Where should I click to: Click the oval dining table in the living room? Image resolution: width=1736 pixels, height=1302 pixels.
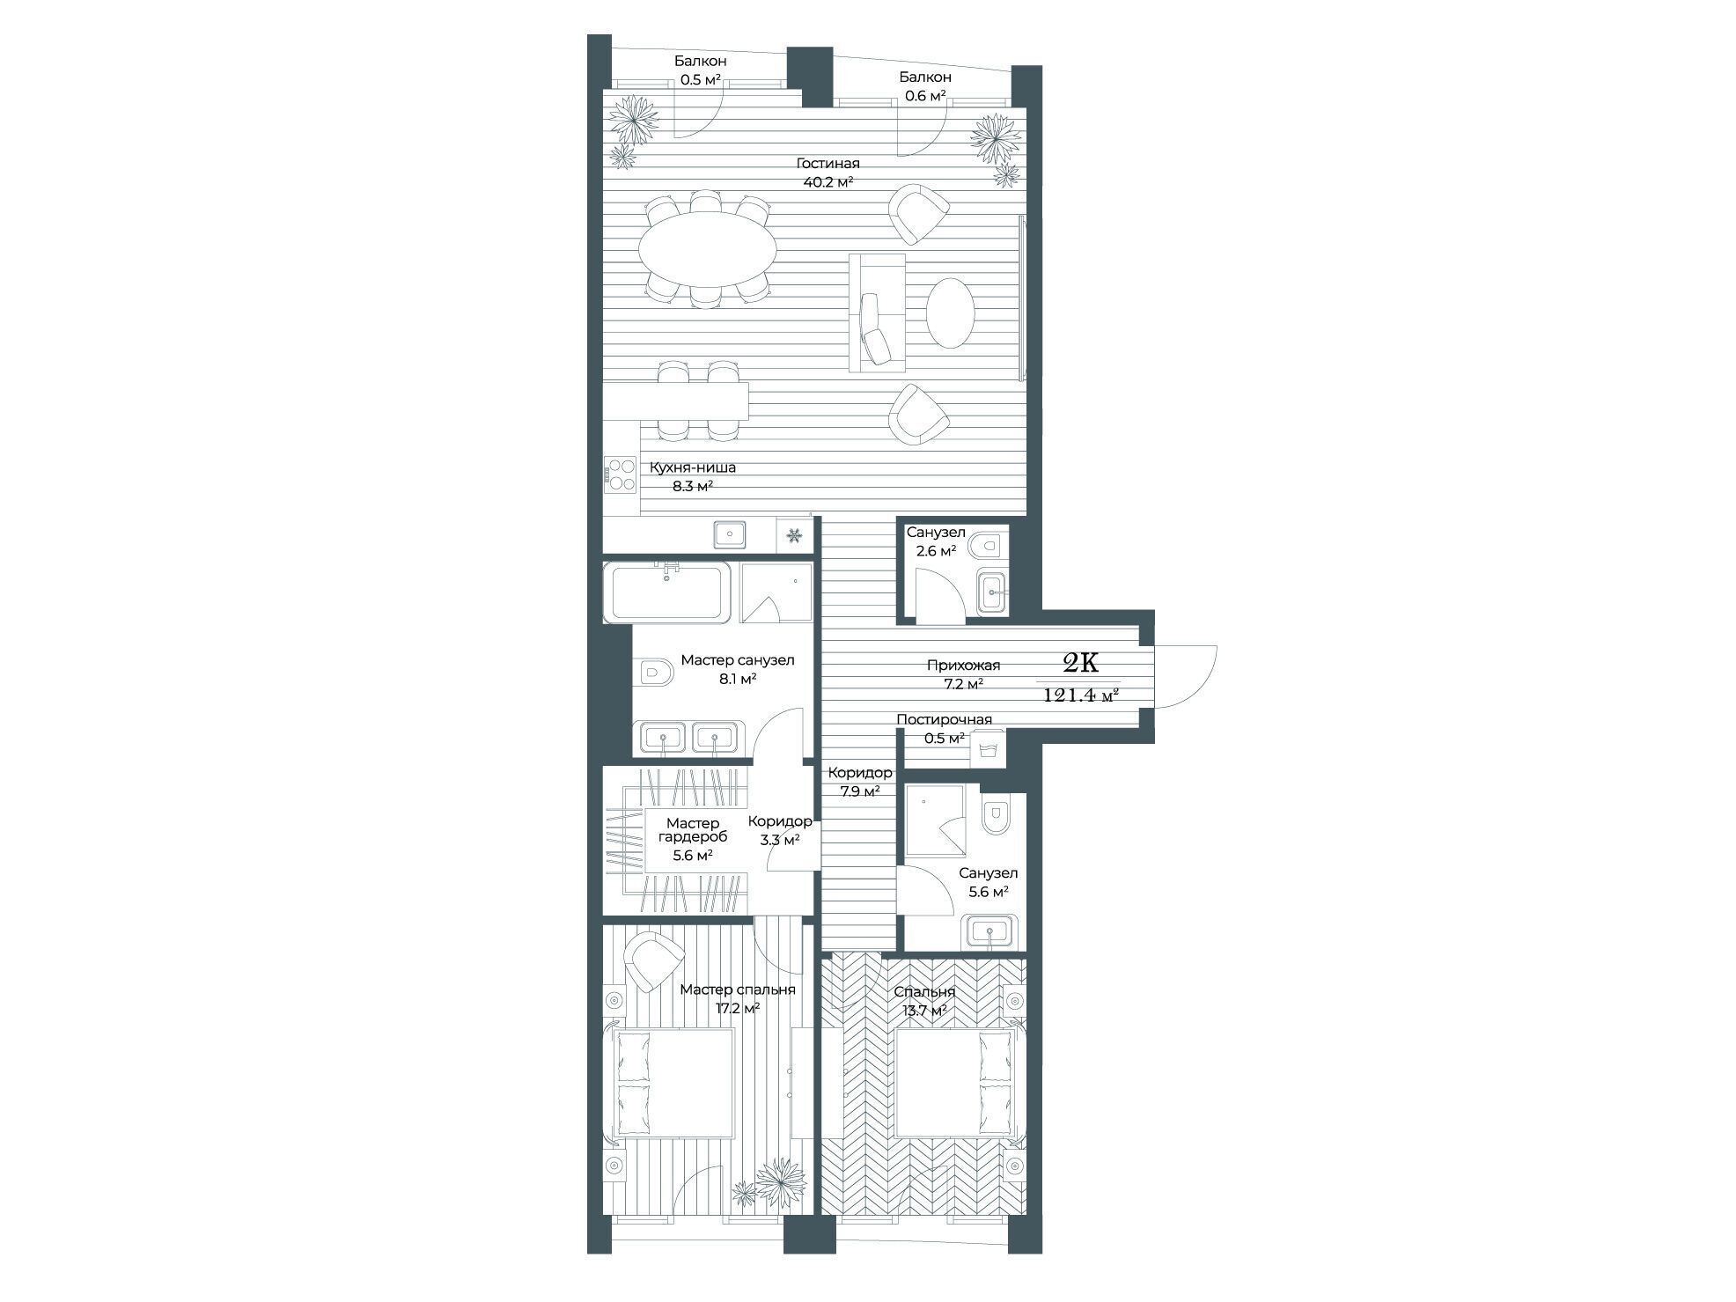click(x=707, y=250)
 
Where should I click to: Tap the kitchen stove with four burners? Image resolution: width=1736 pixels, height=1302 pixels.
click(x=621, y=474)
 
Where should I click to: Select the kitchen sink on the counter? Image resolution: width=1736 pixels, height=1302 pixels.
click(x=730, y=534)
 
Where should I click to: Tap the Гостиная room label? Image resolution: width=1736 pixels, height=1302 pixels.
click(x=828, y=164)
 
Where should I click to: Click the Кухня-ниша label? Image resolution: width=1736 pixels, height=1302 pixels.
click(x=693, y=468)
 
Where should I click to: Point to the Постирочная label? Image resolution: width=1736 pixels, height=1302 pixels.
click(x=944, y=720)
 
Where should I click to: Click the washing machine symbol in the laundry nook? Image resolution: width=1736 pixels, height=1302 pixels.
click(x=988, y=750)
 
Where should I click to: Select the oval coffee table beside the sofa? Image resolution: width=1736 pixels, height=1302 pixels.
click(x=951, y=313)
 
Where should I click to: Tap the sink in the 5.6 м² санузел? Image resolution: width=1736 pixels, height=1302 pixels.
click(x=990, y=931)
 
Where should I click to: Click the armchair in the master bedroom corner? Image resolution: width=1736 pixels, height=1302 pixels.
click(x=654, y=961)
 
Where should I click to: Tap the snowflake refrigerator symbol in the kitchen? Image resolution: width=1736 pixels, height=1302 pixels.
click(x=793, y=535)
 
